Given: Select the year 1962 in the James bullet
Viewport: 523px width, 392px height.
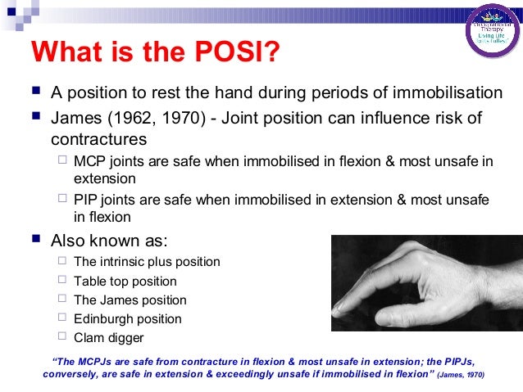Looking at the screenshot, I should tap(124, 119).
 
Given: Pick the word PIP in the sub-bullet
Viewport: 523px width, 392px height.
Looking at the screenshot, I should tap(87, 199).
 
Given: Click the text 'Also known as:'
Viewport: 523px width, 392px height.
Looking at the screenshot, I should tap(108, 241).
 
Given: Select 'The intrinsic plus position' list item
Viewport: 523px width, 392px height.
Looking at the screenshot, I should tap(147, 262).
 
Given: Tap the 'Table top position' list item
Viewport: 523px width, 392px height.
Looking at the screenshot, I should tap(125, 282).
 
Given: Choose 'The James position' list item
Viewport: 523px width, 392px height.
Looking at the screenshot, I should tap(130, 300).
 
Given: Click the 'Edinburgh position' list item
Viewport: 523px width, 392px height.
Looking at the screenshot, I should tap(127, 319).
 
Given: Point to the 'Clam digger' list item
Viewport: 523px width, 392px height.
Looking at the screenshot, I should tap(109, 338).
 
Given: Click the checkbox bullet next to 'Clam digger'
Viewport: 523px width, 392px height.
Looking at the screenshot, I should tap(63, 337).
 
